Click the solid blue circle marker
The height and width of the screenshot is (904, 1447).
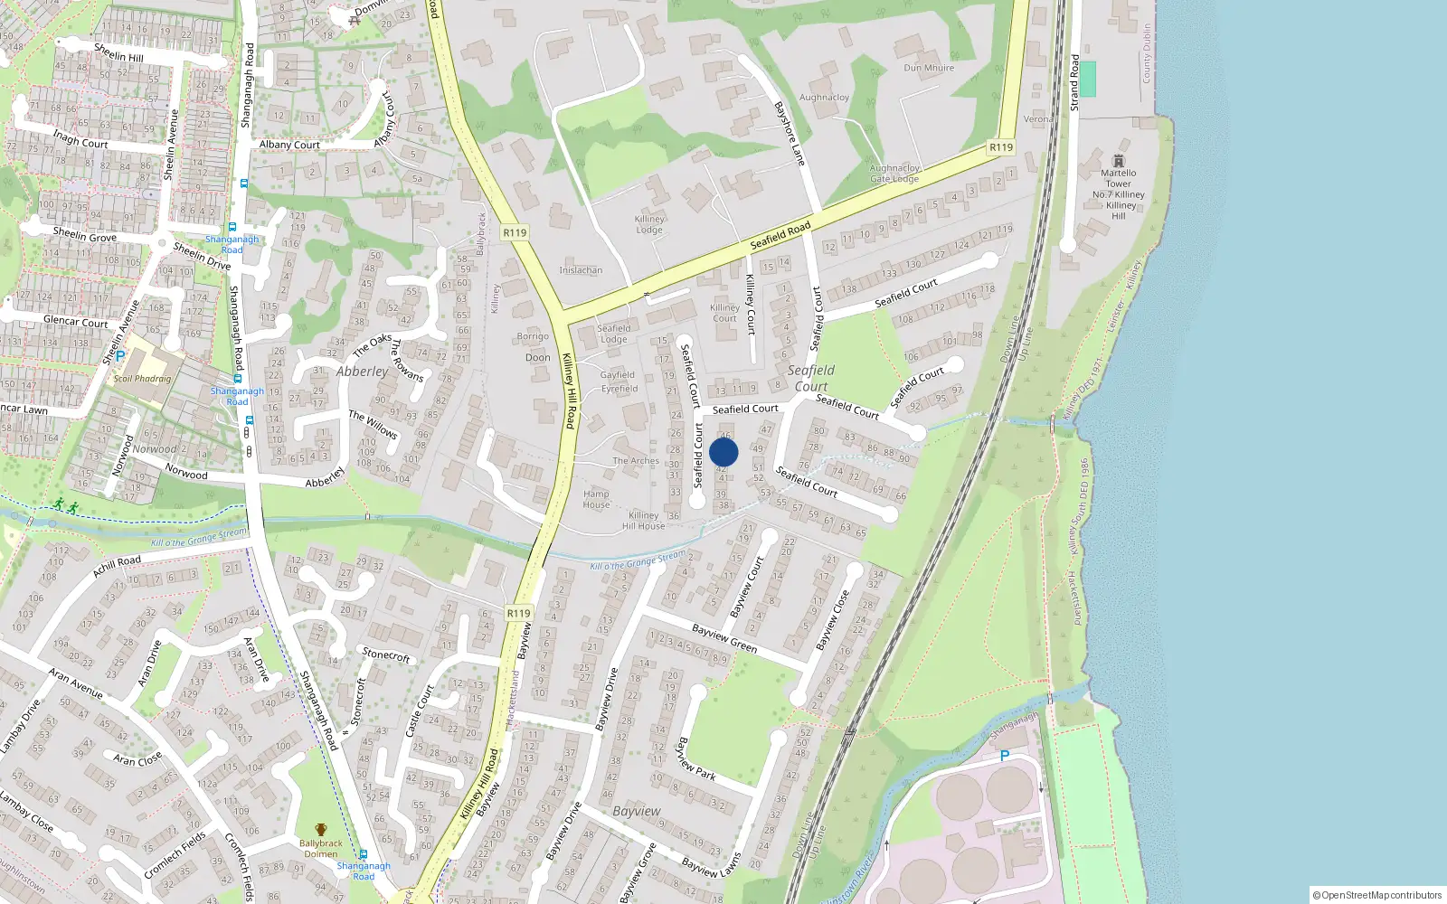tap(723, 452)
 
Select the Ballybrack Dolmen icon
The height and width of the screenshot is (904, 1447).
tap(320, 830)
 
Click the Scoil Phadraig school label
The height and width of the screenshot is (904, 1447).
tap(142, 379)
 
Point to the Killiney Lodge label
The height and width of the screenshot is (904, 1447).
tap(649, 224)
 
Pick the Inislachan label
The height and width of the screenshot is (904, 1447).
tap(581, 270)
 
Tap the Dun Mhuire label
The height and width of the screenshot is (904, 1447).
tap(929, 68)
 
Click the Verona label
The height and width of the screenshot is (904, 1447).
tap(1038, 119)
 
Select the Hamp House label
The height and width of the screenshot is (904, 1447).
tap(596, 499)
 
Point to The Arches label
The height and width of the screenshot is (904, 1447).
tap(636, 461)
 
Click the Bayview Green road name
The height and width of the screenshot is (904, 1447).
tap(724, 638)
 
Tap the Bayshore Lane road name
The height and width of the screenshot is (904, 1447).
tap(790, 133)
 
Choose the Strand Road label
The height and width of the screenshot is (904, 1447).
tap(1074, 82)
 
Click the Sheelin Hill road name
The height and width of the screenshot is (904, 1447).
tap(118, 52)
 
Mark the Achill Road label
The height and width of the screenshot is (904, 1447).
tap(117, 567)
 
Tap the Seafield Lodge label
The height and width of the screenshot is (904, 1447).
tap(613, 334)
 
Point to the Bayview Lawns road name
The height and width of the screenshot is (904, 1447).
tap(712, 866)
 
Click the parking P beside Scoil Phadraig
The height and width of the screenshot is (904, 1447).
tap(119, 356)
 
